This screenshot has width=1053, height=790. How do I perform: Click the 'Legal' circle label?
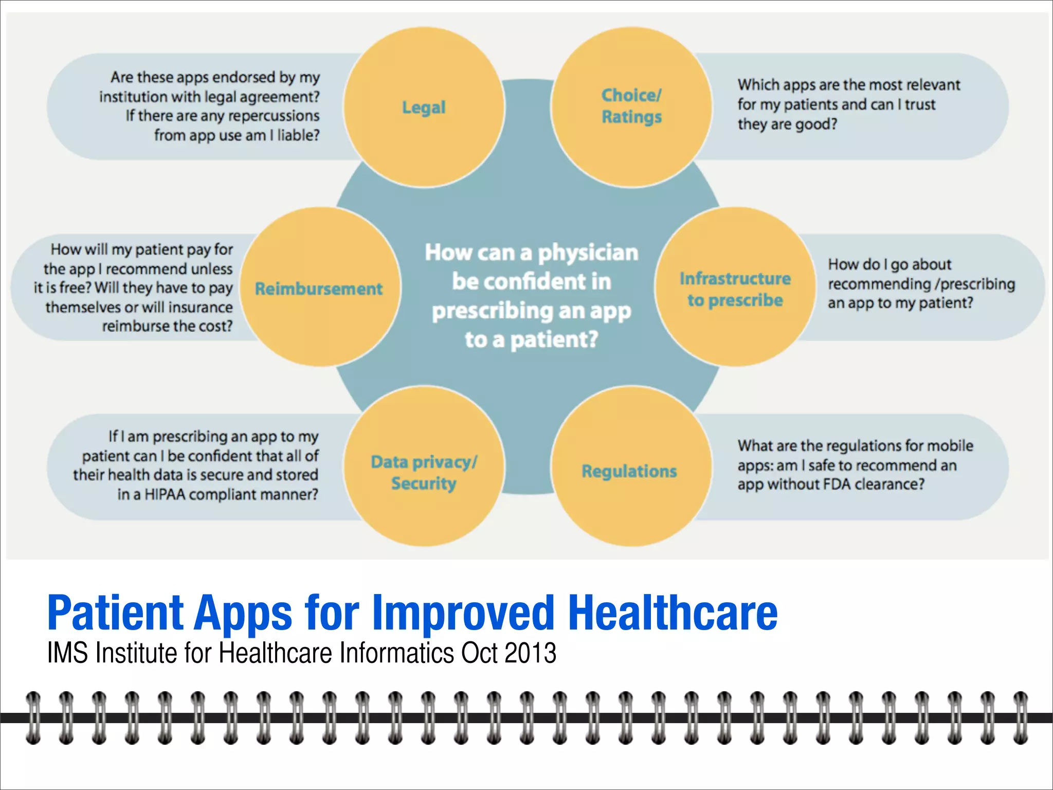[x=424, y=107]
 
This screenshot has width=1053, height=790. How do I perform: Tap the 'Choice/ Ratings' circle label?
[x=631, y=106]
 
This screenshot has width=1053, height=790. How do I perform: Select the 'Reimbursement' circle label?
[x=319, y=289]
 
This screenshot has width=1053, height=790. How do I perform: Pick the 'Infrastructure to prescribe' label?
[x=735, y=289]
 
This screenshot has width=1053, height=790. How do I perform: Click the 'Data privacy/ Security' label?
[x=424, y=472]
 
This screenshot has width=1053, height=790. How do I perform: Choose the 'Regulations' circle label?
[x=629, y=471]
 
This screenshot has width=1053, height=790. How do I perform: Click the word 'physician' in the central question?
[x=588, y=253]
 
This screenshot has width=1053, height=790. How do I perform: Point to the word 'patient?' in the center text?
[x=554, y=340]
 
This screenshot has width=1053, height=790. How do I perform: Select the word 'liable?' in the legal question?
[x=298, y=135]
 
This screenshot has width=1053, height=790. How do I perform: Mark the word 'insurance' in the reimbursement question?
[x=201, y=308]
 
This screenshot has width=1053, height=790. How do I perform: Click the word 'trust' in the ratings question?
[x=920, y=104]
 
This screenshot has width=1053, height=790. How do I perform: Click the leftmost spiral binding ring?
[x=33, y=718]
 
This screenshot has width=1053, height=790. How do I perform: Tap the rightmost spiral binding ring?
[x=1021, y=718]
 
